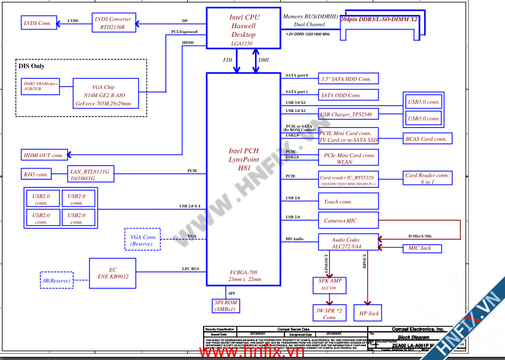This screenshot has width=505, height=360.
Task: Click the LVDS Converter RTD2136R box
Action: [113, 23]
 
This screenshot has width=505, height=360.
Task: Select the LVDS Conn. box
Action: [37, 23]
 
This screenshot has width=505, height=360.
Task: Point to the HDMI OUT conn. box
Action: [44, 155]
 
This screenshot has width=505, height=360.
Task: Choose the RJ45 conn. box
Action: [36, 174]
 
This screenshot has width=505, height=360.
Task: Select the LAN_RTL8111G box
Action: [90, 174]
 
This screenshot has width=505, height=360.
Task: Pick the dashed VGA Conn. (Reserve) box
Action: [143, 240]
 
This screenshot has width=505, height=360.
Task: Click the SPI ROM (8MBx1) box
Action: [226, 306]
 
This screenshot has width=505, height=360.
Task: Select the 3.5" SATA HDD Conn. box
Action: [346, 79]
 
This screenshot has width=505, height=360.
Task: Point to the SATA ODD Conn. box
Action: [346, 95]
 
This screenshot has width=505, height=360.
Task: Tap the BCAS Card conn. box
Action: [425, 139]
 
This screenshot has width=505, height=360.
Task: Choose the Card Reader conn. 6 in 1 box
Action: [427, 178]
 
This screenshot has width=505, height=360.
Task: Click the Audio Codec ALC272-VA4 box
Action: [348, 242]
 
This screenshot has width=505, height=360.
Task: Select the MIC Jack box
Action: [420, 248]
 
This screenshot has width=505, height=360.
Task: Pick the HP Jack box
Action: [368, 312]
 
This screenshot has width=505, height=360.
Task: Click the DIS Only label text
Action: [32, 66]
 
